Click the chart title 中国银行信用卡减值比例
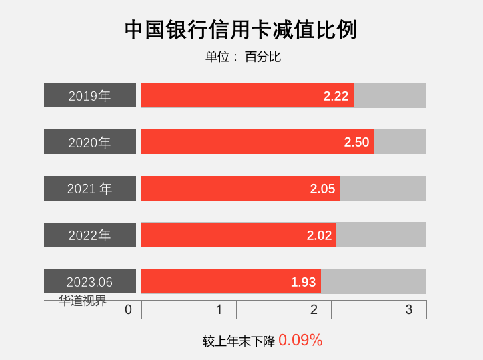tap(241, 30)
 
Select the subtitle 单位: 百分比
tap(243, 57)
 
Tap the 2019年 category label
tap(90, 95)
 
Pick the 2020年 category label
tap(90, 142)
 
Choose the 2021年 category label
tap(90, 189)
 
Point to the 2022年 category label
tap(90, 235)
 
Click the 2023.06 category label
tap(90, 282)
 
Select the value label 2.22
tap(336, 96)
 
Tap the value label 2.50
tap(356, 142)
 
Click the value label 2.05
tap(322, 189)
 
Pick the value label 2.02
tap(319, 235)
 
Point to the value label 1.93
tap(303, 282)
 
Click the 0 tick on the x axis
tap(129, 309)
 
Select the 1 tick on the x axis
tap(219, 309)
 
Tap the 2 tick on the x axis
tap(314, 309)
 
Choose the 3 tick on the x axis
tap(409, 309)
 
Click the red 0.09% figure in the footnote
tap(300, 341)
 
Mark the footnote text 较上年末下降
tap(239, 341)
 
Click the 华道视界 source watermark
tap(83, 301)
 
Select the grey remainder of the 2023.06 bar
tap(374, 281)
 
